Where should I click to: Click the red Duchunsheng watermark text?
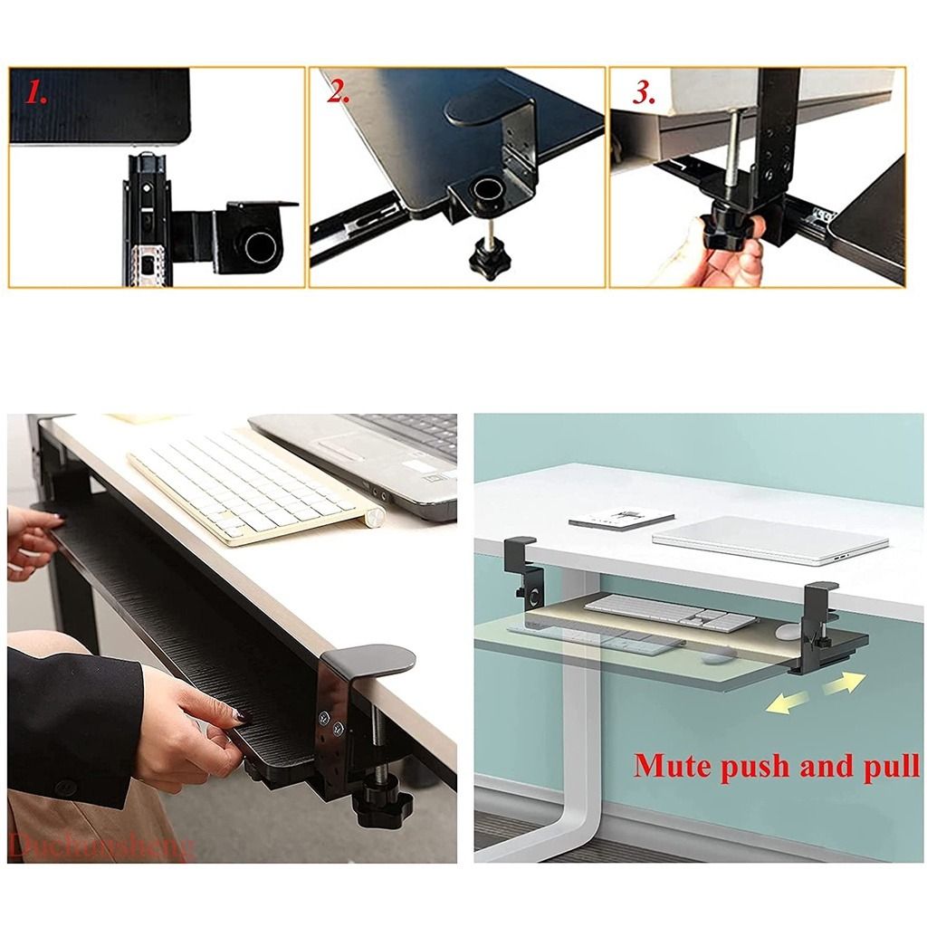(100, 846)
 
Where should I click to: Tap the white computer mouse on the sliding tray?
(787, 631)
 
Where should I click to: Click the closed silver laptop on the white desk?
(769, 540)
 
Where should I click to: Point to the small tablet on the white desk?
(621, 519)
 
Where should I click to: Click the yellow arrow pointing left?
(783, 702)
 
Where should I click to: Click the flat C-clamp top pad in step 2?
(476, 108)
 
